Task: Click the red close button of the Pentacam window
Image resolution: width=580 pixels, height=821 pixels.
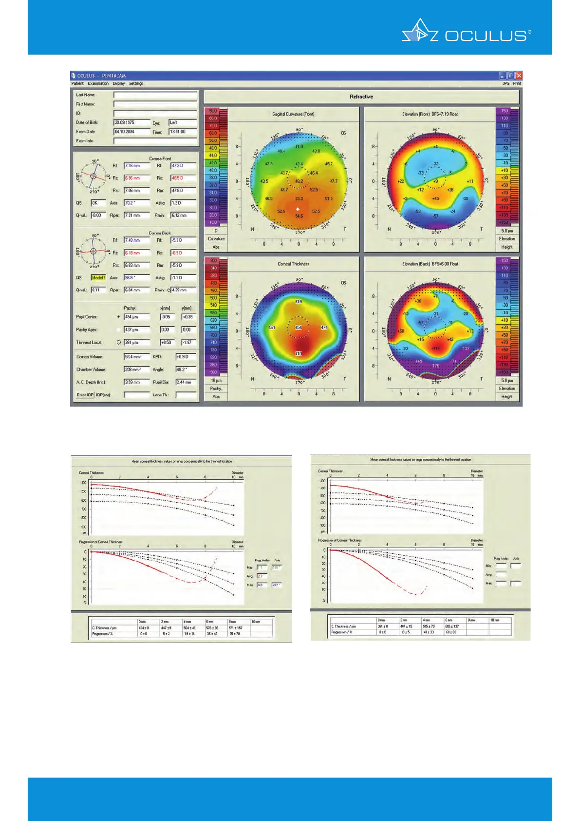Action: coord(519,76)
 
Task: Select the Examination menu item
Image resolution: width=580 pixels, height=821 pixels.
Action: coord(98,83)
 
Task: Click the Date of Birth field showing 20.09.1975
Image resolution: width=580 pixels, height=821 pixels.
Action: coord(131,122)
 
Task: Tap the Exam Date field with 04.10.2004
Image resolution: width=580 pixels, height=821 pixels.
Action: coord(131,132)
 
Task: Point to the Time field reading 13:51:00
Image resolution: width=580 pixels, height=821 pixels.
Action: coord(183,132)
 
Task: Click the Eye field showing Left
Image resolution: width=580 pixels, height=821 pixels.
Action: coord(183,122)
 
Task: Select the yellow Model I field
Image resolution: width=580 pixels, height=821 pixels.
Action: coord(98,277)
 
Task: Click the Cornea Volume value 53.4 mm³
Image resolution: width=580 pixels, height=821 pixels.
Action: coord(136,357)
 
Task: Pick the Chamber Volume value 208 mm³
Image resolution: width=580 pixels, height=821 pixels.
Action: coord(136,370)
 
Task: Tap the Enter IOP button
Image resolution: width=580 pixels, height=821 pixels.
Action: coord(85,395)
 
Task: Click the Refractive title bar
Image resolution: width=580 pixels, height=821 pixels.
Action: coord(361,97)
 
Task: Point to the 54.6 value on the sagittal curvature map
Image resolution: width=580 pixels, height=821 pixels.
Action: coord(299,216)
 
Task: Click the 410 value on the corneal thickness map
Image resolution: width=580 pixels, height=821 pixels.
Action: coord(299,353)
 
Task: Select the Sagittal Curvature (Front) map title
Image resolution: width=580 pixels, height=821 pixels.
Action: coord(293,114)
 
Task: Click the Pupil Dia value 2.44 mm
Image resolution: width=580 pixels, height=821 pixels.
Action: coord(186,382)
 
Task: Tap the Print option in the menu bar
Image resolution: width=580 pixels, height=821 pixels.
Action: coord(517,83)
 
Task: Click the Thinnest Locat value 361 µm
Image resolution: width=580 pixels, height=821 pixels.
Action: coord(136,342)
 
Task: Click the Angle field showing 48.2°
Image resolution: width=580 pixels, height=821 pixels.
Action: coord(186,370)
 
